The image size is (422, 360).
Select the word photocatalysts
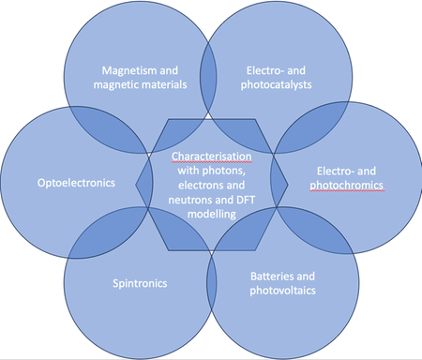pos(276,85)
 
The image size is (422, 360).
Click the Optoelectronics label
pos(76,183)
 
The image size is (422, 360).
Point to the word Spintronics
pos(140,283)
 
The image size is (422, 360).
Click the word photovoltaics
pos(282,291)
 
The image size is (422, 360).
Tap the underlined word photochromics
pos(346,186)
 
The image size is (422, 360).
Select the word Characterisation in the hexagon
pos(211,157)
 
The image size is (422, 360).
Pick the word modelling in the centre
pos(212,214)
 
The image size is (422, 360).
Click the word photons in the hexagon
pos(223,171)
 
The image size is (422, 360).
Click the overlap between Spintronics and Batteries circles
pos(212,284)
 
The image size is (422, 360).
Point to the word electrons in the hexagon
pos(199,186)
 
